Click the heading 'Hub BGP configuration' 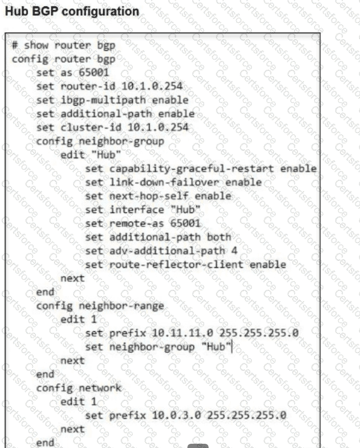click(71, 11)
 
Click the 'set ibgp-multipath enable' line click(112, 100)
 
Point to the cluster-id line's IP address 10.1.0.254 click(159, 127)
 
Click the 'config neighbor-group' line click(100, 141)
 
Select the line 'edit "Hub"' click(92, 155)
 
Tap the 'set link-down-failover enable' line click(173, 182)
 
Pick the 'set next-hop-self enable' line click(158, 196)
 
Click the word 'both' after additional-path click(218, 237)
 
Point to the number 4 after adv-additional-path click(234, 251)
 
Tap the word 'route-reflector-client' click(177, 264)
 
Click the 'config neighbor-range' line click(100, 305)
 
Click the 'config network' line click(78, 388)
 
